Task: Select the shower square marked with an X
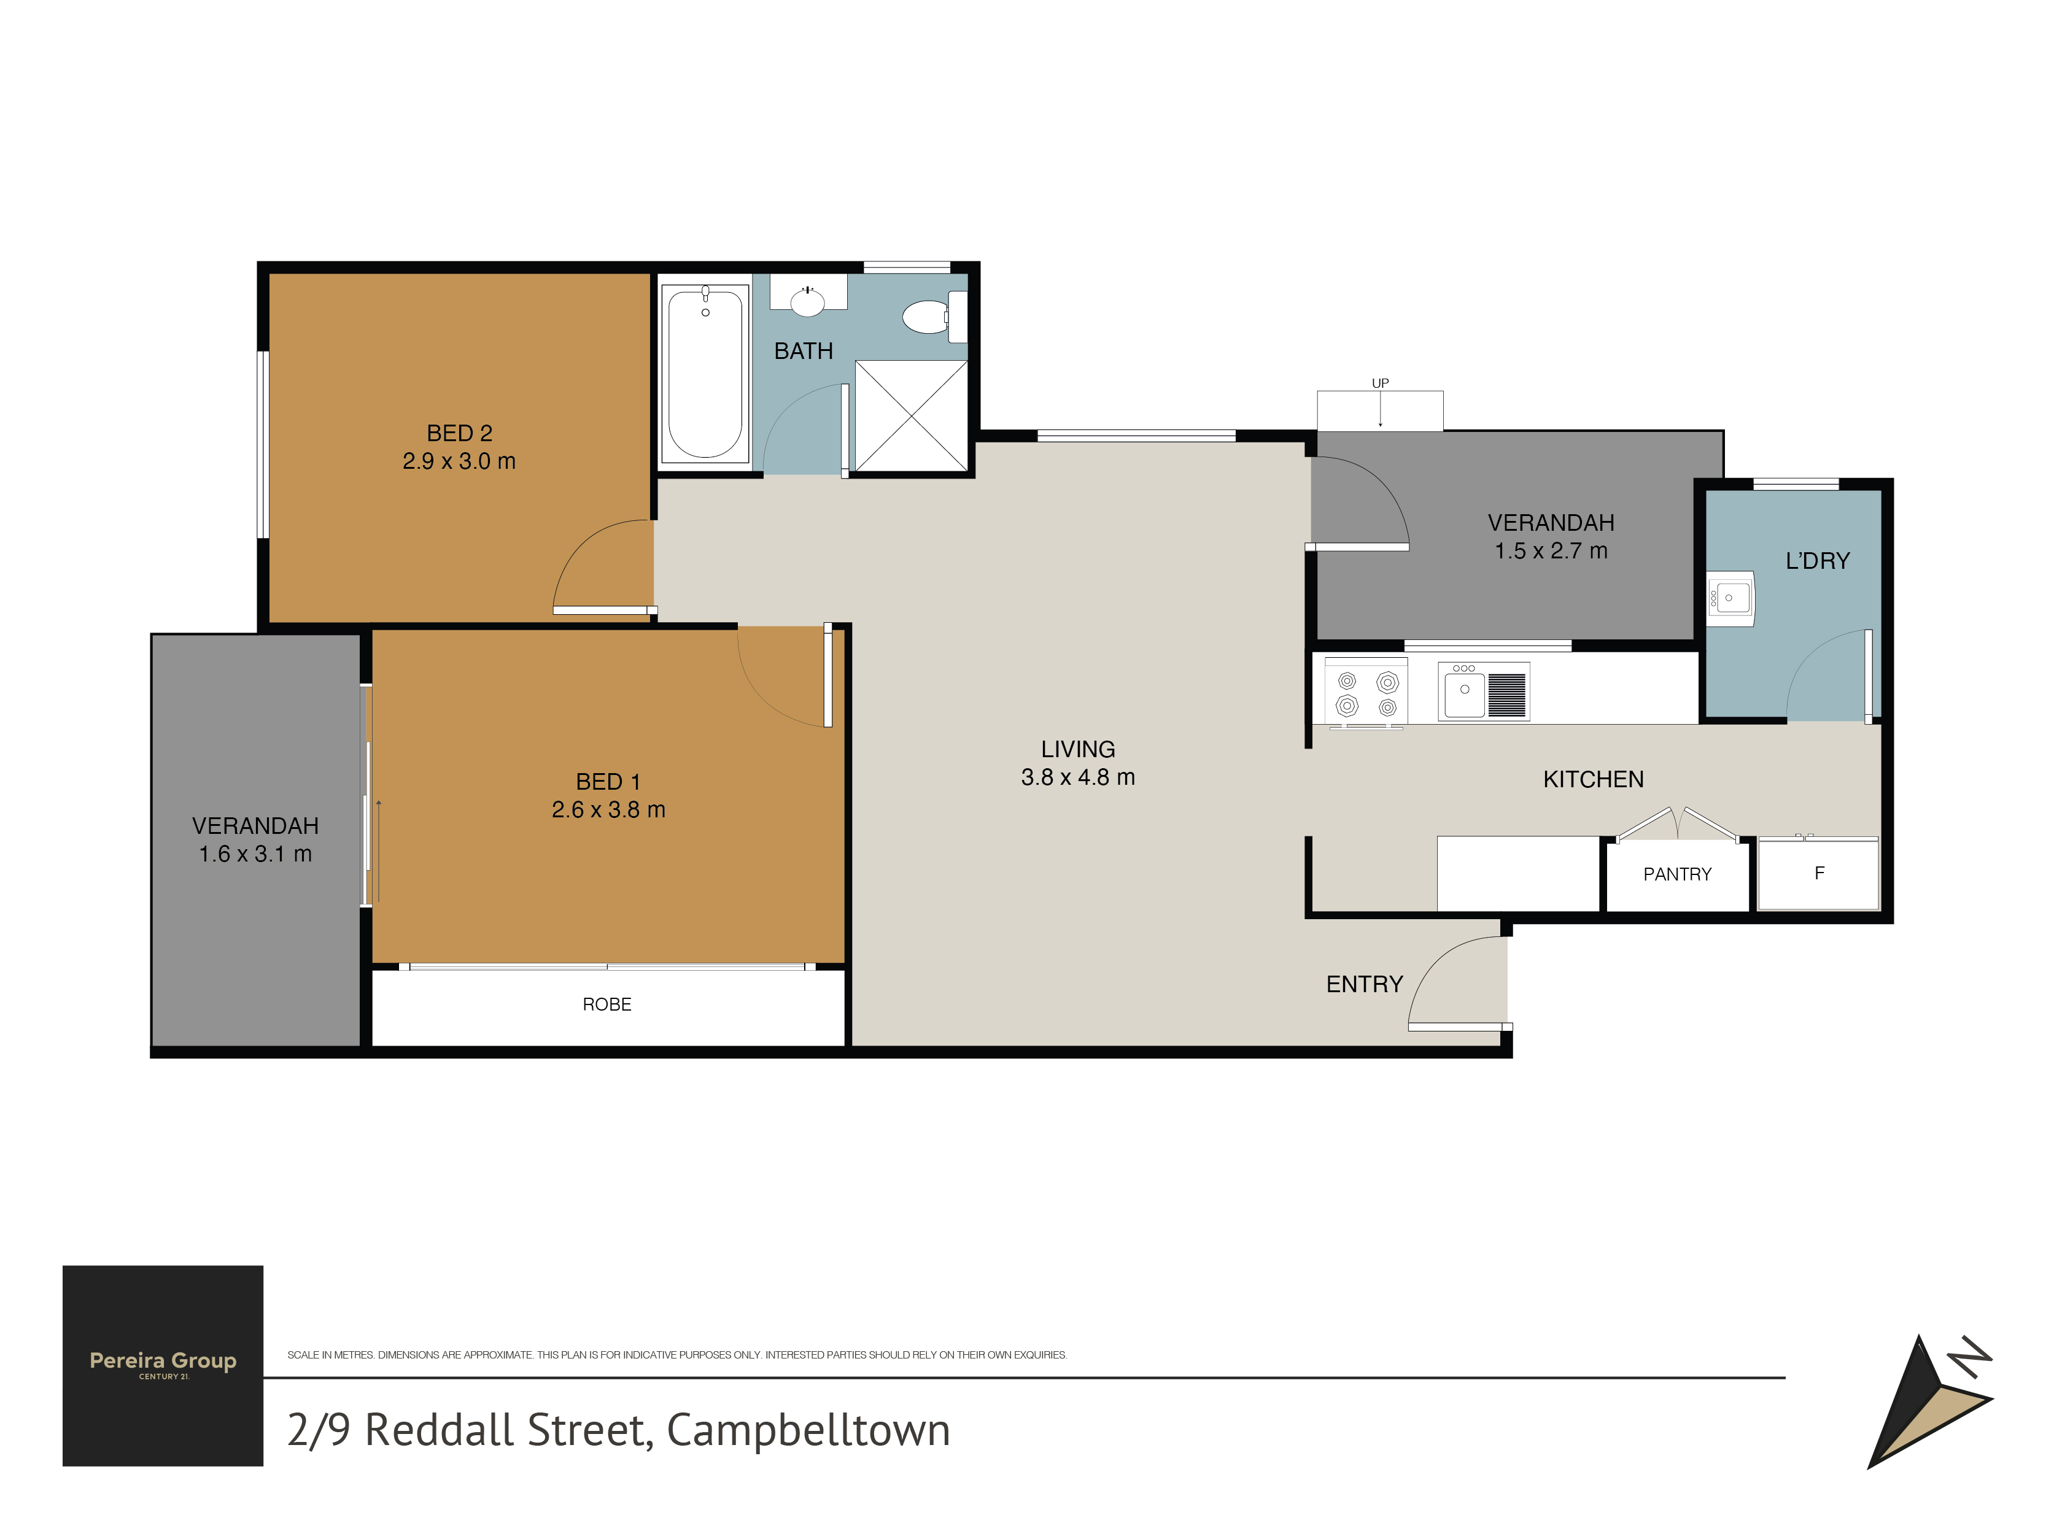(x=911, y=416)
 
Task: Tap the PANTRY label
(x=1677, y=874)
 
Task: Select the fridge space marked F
(x=1818, y=873)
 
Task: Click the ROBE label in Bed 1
(x=606, y=1004)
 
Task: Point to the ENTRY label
(x=1365, y=984)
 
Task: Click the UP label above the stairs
(x=1380, y=383)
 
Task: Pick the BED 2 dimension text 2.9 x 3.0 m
(x=459, y=460)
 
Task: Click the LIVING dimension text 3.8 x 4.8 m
(x=1077, y=777)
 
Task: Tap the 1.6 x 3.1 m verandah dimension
(x=255, y=854)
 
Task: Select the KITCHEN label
(x=1593, y=779)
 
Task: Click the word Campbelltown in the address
(x=808, y=1430)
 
